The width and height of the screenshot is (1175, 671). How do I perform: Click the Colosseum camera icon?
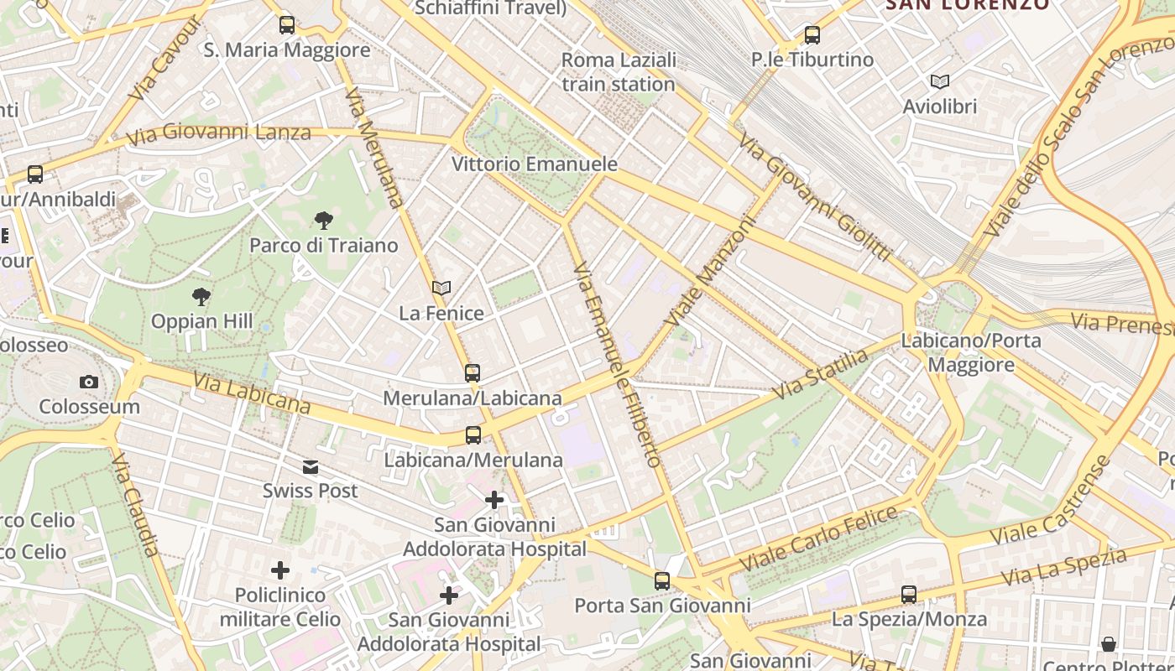89,382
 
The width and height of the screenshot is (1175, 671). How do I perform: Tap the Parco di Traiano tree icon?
323,221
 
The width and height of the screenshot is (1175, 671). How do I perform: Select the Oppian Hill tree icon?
201,297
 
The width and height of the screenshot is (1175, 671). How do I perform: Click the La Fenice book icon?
441,289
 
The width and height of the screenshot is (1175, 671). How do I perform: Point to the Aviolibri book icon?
940,82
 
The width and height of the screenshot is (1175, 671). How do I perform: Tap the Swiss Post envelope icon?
311,466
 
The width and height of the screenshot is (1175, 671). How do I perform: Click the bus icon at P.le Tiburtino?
812,35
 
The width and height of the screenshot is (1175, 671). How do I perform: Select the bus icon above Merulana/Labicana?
473,372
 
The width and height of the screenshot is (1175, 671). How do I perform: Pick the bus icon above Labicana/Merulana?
473,435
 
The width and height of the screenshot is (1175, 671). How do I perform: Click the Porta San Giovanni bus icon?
662,580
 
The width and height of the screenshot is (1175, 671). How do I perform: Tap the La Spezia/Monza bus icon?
909,595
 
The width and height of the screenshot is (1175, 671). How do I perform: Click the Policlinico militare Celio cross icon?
280,571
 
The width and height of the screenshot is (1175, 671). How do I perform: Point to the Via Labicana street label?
252,393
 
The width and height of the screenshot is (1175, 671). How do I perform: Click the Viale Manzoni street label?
710,272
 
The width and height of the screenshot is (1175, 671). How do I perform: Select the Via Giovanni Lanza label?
218,133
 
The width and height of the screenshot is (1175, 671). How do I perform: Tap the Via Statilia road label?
820,375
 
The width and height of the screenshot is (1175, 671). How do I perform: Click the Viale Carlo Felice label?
818,539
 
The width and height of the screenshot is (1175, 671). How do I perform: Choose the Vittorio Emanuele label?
535,164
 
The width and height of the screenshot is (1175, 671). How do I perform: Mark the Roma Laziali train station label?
619,72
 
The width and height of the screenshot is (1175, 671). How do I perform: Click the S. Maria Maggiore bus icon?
287,25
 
